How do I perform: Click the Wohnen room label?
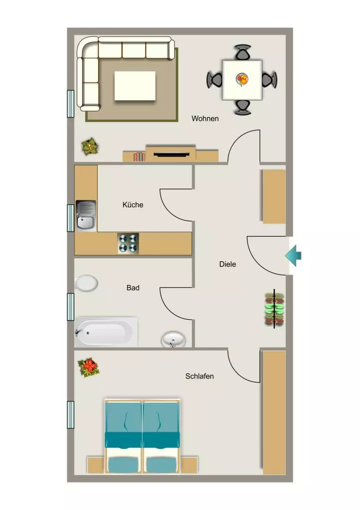click(x=205, y=119)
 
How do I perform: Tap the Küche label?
click(x=132, y=205)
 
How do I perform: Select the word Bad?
click(x=132, y=287)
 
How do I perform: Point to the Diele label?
click(x=228, y=264)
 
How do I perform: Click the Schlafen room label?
click(x=199, y=376)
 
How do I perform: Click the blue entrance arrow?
click(x=293, y=255)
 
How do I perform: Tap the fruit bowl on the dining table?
click(x=242, y=79)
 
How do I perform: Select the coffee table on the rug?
click(x=134, y=86)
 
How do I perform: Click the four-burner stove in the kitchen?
click(x=128, y=243)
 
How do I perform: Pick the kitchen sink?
click(x=86, y=215)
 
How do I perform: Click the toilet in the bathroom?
click(x=86, y=283)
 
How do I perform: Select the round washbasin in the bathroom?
click(x=174, y=340)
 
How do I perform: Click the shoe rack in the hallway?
click(x=274, y=309)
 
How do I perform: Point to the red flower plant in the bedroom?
click(x=88, y=367)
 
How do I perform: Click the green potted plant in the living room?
click(x=90, y=147)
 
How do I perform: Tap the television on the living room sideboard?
click(x=171, y=154)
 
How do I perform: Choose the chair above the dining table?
click(x=243, y=52)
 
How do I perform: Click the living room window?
click(x=71, y=104)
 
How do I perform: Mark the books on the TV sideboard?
click(x=139, y=157)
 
